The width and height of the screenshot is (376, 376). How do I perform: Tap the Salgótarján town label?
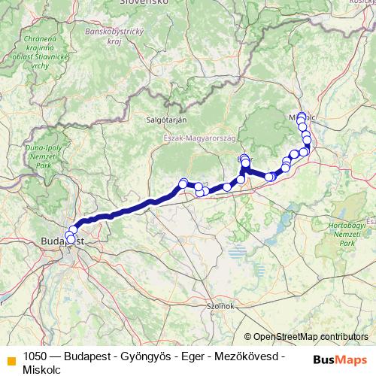pyautogui.click(x=166, y=120)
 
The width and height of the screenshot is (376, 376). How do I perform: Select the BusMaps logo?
pyautogui.click(x=339, y=359)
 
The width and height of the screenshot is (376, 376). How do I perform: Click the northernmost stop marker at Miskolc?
pyautogui.click(x=302, y=116)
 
